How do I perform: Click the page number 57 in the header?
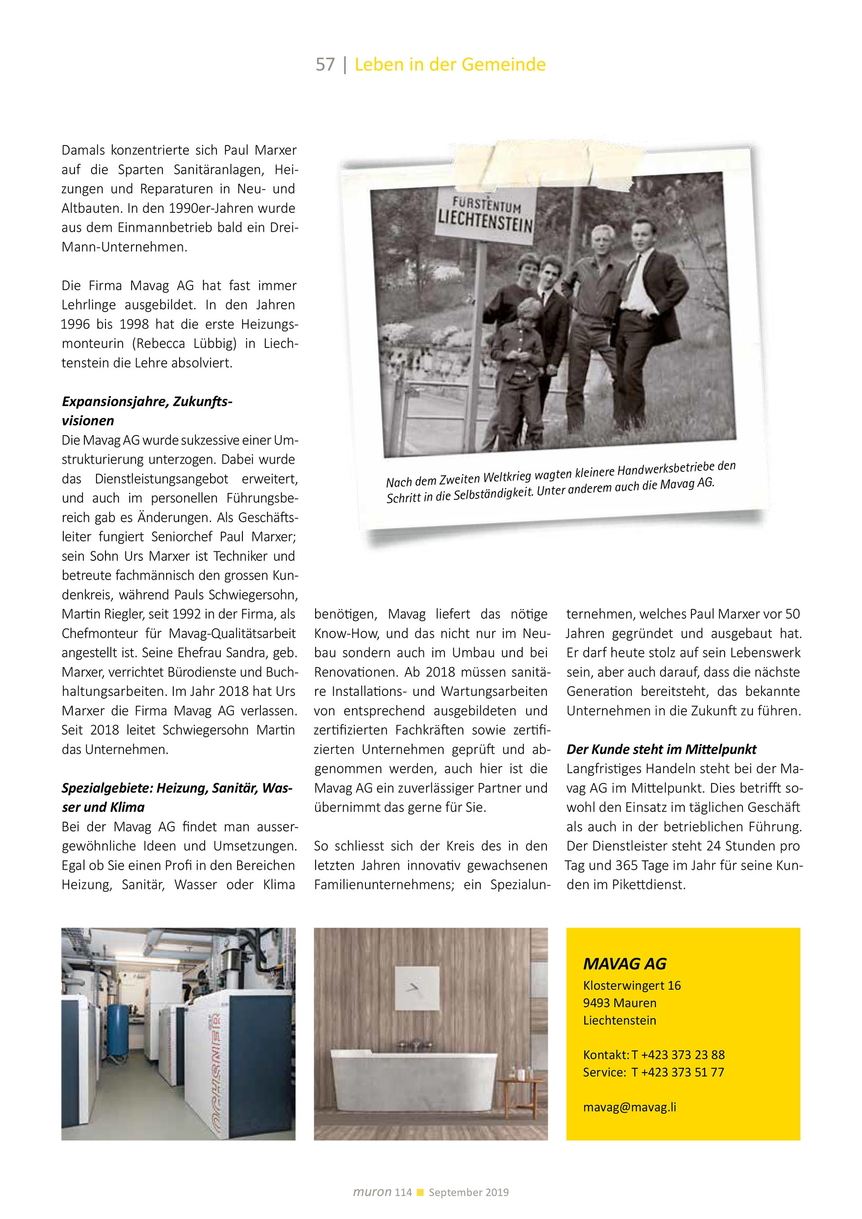coord(325,65)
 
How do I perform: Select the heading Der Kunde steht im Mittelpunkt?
coord(661,749)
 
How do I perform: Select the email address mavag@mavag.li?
coord(629,1107)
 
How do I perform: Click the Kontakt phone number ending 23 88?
coord(678,1055)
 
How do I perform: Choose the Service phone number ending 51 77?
coord(677,1072)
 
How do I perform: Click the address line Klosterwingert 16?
coord(631,986)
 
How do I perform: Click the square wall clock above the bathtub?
coord(417,988)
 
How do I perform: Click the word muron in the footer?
coord(372,1192)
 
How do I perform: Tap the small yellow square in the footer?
coord(420,1193)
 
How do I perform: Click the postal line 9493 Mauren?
coord(619,1003)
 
